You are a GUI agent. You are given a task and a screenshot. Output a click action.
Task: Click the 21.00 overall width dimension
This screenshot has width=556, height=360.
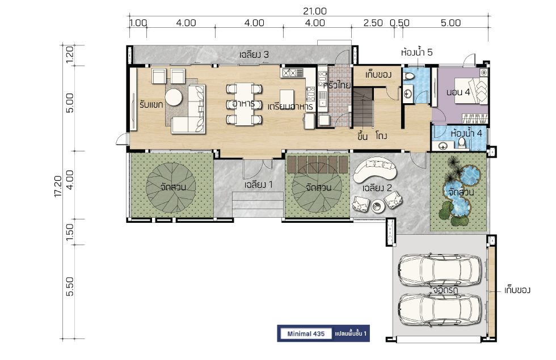314,11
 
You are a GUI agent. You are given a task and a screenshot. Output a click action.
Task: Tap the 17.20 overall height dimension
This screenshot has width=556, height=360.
58,186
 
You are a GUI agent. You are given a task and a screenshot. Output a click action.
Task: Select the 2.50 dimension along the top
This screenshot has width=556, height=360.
373,23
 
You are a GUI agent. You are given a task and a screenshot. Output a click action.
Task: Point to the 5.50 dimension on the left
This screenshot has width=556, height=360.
70,286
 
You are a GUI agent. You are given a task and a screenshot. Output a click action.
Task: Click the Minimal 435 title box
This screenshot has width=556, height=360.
306,334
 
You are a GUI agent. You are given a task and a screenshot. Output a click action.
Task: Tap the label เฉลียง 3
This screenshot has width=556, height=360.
254,54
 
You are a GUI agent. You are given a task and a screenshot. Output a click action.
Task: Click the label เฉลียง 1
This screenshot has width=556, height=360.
259,185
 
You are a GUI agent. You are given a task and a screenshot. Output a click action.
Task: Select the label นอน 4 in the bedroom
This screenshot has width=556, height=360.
458,92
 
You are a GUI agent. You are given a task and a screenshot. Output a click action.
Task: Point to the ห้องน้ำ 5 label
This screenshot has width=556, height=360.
416,52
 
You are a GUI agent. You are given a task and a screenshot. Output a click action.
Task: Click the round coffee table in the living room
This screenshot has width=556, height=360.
174,97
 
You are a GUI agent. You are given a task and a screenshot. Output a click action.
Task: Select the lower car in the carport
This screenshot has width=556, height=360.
440,310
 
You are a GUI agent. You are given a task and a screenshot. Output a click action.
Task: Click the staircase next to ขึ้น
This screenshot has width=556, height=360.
363,108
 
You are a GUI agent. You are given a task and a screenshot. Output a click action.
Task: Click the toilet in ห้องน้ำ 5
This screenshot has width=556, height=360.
409,76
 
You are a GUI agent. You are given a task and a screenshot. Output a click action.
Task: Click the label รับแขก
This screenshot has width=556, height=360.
151,104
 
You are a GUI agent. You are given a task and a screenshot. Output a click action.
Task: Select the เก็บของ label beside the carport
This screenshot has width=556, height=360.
517,290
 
